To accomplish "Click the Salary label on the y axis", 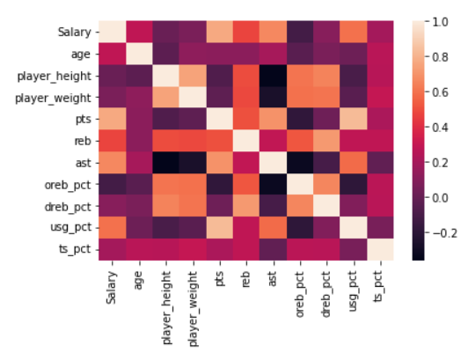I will [74, 32].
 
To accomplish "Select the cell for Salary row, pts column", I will [219, 32].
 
